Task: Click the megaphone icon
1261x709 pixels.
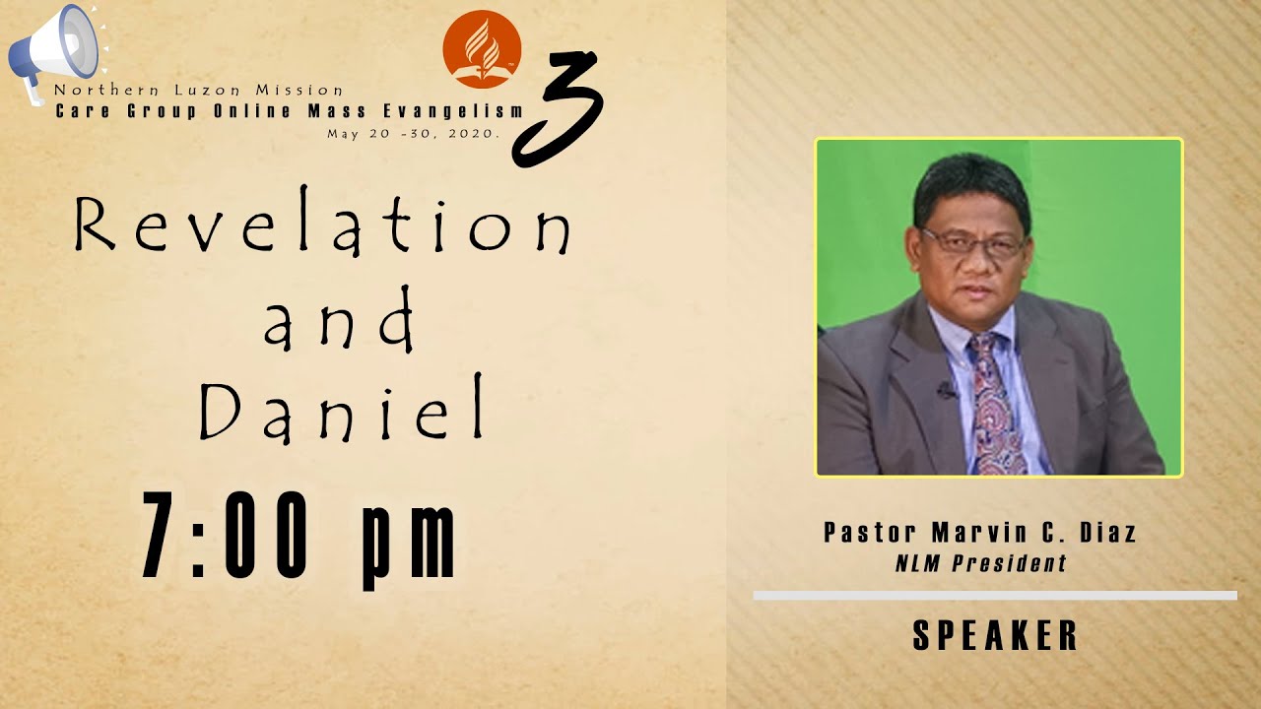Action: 54,49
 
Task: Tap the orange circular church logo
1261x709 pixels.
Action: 482,49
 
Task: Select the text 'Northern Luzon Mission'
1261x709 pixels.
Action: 199,90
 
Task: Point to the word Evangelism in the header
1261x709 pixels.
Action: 464,111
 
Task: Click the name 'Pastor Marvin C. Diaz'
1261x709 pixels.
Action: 979,534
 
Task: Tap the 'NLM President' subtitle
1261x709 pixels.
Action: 980,564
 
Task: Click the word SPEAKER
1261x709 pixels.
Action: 995,636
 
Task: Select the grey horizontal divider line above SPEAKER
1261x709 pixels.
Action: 995,595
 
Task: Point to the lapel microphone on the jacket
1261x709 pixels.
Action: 947,390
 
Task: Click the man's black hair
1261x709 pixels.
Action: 970,182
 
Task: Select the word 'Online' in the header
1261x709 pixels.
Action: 252,111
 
